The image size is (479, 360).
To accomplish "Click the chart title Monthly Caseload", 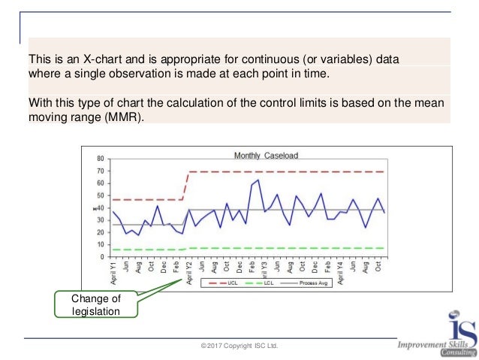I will (266, 156).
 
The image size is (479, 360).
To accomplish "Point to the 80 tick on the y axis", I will (101, 159).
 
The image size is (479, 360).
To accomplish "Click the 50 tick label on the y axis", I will (101, 196).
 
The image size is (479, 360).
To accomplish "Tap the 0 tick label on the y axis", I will (102, 257).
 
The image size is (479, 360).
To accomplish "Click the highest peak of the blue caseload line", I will (258, 180).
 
